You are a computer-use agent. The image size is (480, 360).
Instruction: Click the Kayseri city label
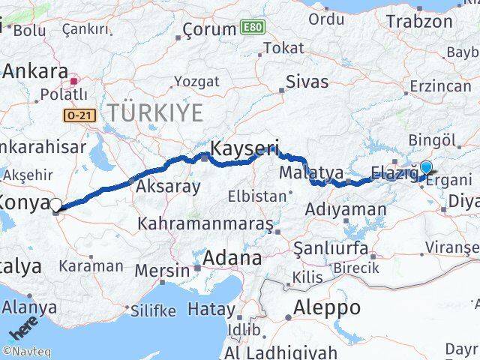244,148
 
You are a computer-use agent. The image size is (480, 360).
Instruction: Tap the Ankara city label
35,71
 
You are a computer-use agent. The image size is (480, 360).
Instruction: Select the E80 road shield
252,28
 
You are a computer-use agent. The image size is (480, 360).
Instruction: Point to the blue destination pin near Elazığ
427,169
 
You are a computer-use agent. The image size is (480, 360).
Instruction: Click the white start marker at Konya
55,204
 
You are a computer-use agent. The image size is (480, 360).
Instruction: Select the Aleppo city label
327,307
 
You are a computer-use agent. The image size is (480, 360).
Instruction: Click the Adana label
235,259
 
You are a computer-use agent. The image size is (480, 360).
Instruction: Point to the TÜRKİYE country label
155,113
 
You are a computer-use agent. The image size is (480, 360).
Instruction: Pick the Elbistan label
259,196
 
